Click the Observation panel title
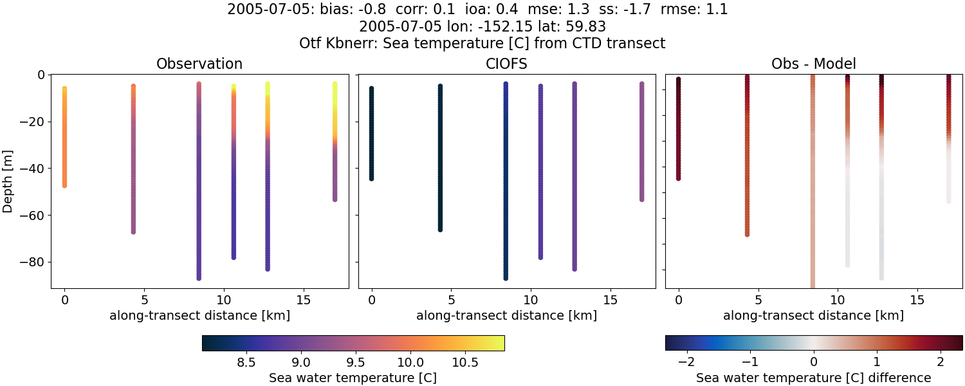point(199,64)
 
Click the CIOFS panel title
point(506,64)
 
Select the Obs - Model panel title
point(813,64)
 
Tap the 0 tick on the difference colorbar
point(814,362)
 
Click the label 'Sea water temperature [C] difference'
point(813,378)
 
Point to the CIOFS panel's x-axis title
point(506,316)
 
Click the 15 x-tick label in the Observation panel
point(303,300)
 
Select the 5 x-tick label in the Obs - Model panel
point(758,300)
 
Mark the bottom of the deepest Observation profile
point(199,278)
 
